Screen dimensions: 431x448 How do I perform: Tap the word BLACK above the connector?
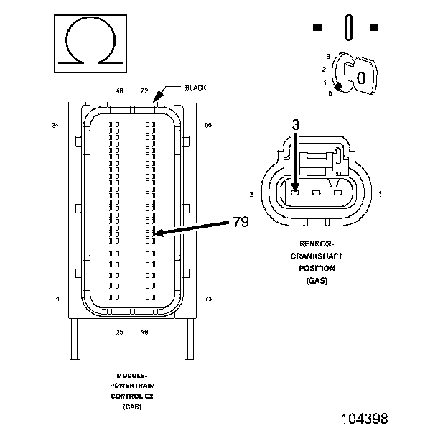pos(195,88)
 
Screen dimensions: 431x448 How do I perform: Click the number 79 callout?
pos(241,222)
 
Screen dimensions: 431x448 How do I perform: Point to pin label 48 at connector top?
pos(119,91)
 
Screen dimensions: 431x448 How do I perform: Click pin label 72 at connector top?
pos(144,91)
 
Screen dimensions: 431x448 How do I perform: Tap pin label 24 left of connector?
pos(55,126)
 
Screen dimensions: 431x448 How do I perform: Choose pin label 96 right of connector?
pos(208,126)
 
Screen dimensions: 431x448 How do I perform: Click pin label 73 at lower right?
pos(208,298)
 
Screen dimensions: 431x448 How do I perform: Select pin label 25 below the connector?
pos(119,332)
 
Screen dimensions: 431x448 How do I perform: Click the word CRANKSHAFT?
pos(312,256)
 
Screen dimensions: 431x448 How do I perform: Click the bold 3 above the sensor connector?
pos(294,124)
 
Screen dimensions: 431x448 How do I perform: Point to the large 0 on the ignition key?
pos(362,77)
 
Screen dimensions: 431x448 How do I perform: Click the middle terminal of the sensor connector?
pos(315,192)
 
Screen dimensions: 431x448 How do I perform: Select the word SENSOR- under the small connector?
pos(312,245)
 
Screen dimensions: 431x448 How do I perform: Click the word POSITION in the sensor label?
pos(312,269)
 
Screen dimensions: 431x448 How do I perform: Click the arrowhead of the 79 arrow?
pos(158,233)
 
